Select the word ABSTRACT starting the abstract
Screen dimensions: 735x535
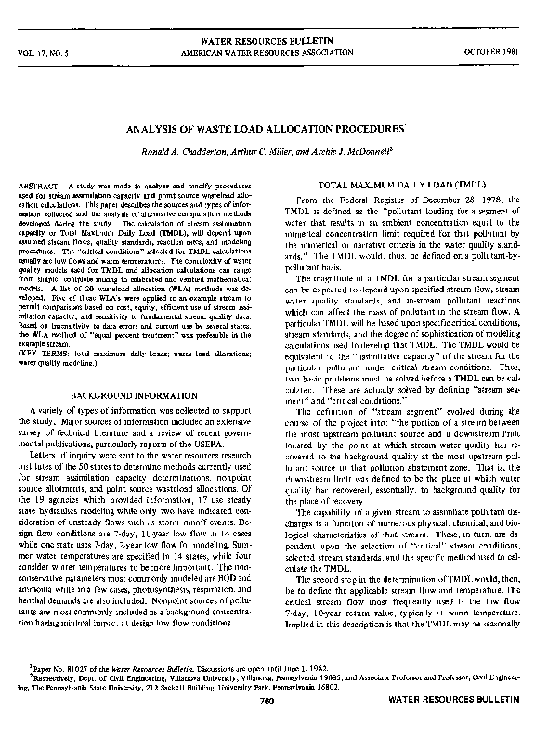coord(37,187)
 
